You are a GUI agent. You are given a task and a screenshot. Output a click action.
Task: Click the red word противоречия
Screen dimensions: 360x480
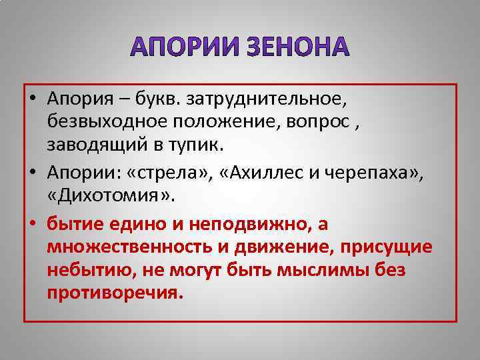[114, 293]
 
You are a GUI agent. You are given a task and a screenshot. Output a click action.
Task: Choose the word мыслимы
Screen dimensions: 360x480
[307, 270]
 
